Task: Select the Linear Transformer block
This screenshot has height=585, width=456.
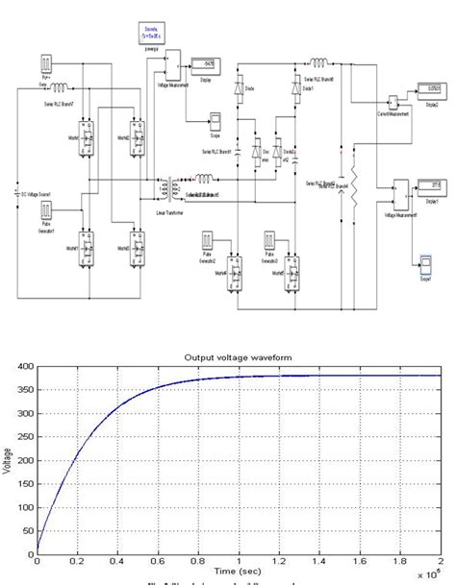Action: coord(174,183)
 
